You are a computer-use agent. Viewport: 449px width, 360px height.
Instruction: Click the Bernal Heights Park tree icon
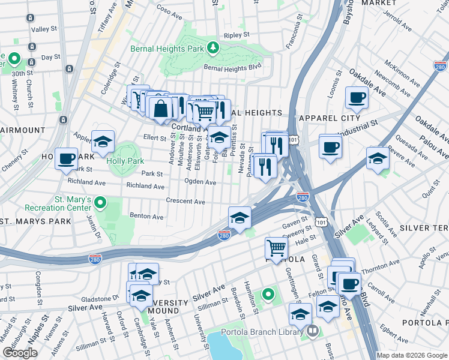212,47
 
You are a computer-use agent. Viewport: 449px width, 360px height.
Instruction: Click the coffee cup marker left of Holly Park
67,159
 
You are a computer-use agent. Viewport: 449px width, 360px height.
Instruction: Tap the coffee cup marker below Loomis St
357,98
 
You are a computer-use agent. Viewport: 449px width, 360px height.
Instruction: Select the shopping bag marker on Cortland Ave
161,109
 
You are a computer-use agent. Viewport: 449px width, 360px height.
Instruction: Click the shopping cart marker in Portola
276,248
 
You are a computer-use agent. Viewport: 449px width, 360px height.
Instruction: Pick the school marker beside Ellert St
103,143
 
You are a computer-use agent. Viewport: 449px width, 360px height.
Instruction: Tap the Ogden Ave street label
200,182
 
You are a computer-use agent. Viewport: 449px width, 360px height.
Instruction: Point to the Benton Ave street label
146,216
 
